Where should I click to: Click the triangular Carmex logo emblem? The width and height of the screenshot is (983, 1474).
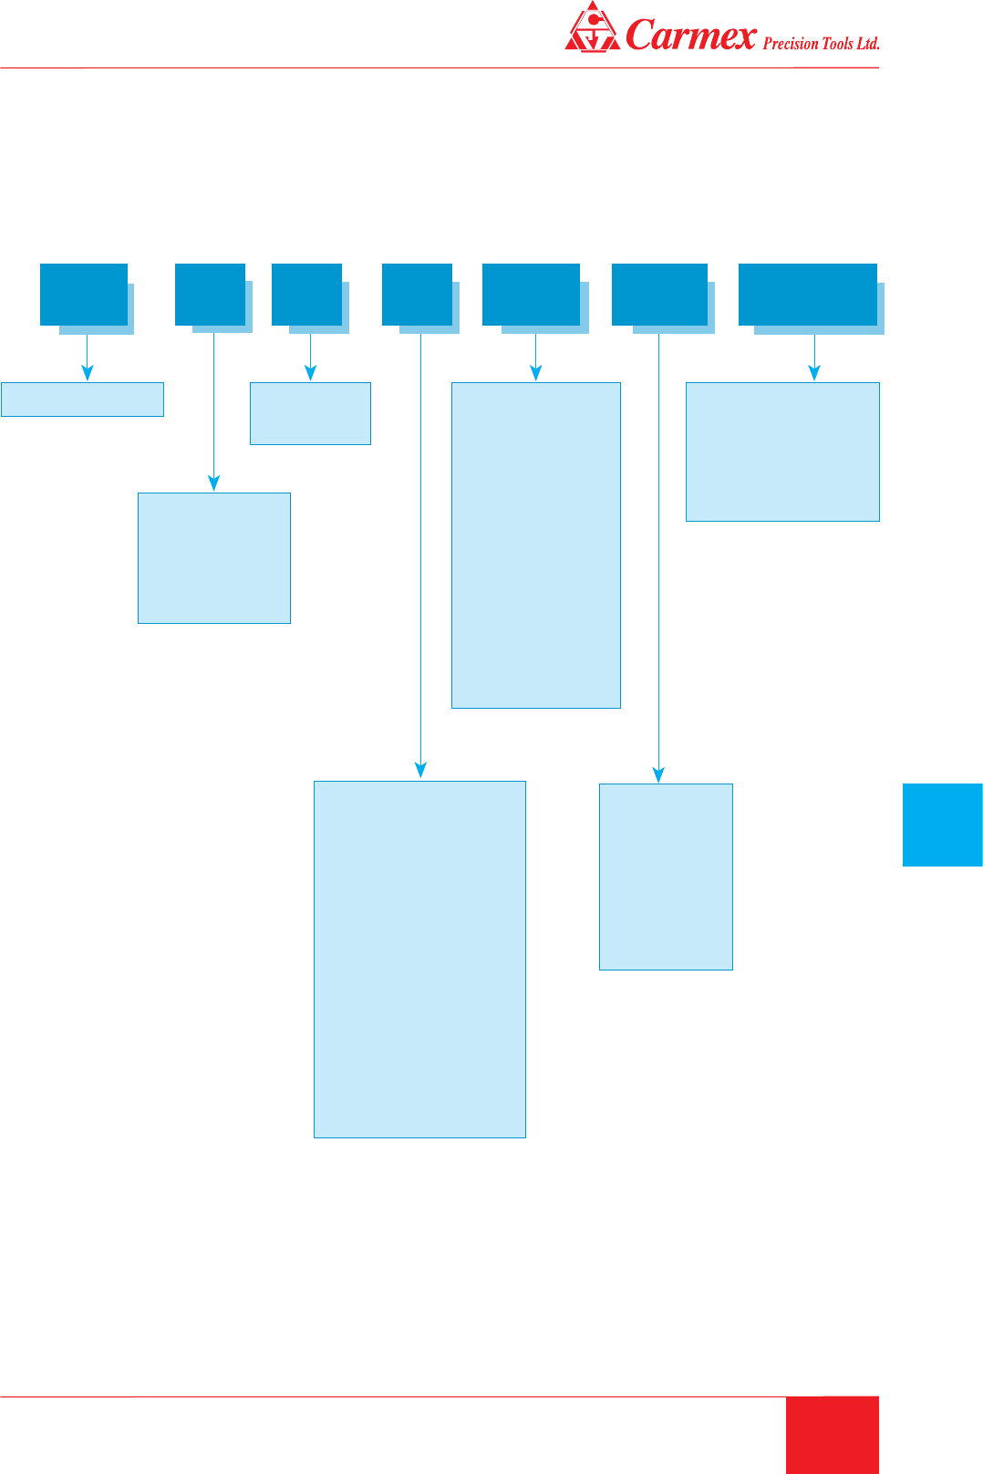click(x=592, y=27)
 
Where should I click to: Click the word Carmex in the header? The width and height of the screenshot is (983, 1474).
click(x=691, y=35)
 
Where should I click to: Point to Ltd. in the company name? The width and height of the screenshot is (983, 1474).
click(x=868, y=44)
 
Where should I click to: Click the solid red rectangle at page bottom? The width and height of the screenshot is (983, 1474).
click(x=833, y=1435)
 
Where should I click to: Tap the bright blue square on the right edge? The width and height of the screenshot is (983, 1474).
click(x=942, y=825)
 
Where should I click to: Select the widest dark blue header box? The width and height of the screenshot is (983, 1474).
click(x=807, y=294)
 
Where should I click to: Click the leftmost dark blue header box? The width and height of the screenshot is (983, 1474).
click(x=84, y=294)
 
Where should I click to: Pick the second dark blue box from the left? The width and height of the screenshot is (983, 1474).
click(x=210, y=294)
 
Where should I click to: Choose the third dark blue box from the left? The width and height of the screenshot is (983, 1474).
click(x=306, y=294)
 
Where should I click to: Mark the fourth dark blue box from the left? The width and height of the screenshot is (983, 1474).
click(x=417, y=294)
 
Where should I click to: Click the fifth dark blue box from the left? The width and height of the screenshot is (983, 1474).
click(x=531, y=294)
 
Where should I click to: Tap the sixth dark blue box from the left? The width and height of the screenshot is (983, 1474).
click(x=659, y=294)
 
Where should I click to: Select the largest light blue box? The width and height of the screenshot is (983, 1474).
click(x=419, y=960)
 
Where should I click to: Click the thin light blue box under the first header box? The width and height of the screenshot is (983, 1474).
click(x=82, y=400)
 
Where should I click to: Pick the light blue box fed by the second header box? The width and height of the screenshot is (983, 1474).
click(x=214, y=558)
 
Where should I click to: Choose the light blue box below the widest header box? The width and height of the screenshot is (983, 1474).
click(x=782, y=452)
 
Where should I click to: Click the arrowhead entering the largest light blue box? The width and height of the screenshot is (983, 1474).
click(x=420, y=770)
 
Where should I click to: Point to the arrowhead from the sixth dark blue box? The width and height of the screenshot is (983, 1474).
click(x=658, y=773)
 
